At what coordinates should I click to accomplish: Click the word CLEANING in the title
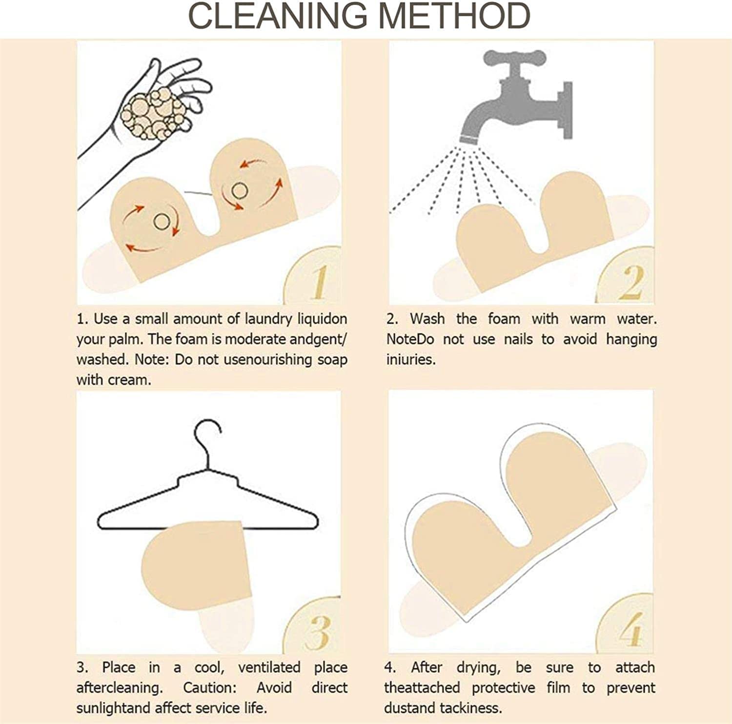(x=278, y=16)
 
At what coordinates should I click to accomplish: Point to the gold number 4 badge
(x=627, y=626)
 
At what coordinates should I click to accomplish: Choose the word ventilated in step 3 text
(x=269, y=667)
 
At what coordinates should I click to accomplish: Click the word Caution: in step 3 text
(x=210, y=688)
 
